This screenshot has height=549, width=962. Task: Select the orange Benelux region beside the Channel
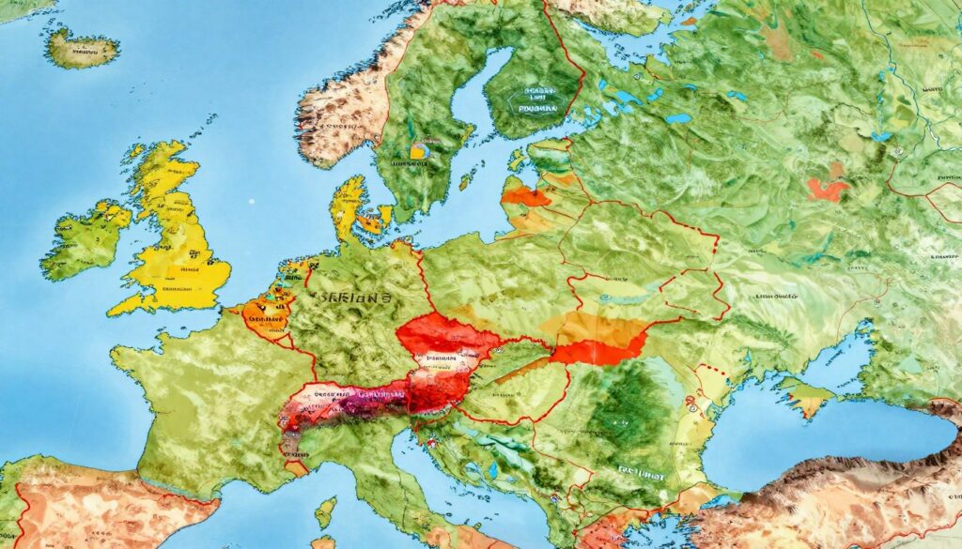pos(268,310)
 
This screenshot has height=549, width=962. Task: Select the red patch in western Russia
pos(827,191)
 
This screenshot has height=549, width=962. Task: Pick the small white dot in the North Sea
pos(252,201)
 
